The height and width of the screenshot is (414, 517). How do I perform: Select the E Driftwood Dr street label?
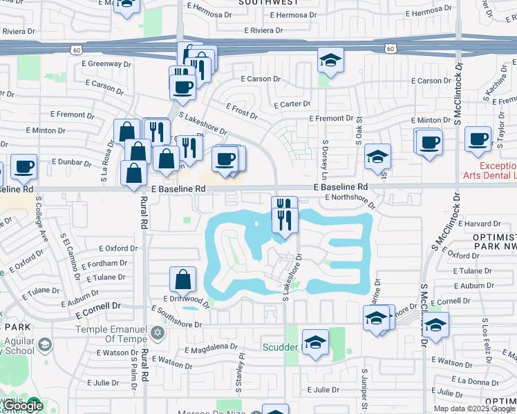point(186,299)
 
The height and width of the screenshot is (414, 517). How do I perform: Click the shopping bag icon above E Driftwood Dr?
point(183,279)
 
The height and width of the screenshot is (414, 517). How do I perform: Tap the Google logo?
point(23,406)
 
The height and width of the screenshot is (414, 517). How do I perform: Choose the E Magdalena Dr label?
point(211,348)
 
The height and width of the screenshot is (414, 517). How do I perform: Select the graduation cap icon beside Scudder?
point(316,343)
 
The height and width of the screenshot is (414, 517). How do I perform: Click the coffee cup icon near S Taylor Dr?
point(478,139)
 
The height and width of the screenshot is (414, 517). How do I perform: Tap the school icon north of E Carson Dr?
point(330,60)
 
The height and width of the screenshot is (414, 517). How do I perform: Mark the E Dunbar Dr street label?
point(72,164)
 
